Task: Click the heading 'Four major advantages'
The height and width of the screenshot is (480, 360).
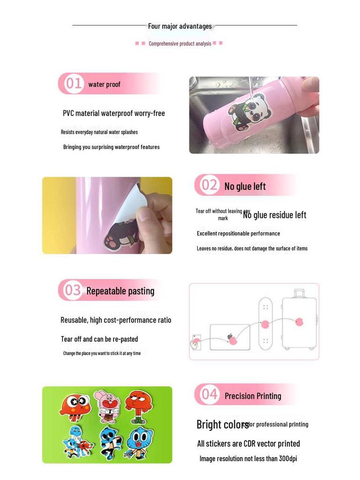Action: (180, 26)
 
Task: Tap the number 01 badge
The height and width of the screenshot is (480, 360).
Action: (73, 83)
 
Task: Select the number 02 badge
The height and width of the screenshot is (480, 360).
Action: (209, 185)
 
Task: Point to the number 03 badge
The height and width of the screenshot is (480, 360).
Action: (73, 290)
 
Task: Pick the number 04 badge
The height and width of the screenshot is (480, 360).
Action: (209, 395)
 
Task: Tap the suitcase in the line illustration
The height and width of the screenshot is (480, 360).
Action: (299, 321)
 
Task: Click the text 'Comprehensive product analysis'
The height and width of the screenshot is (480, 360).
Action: (180, 44)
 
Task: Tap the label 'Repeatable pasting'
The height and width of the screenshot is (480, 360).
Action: (120, 291)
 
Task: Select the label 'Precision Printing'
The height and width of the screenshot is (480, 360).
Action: (253, 396)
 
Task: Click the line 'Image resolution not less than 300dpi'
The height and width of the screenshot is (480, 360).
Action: (248, 458)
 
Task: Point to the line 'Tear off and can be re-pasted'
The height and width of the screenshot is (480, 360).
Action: (99, 339)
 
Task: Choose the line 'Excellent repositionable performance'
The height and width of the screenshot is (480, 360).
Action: (238, 233)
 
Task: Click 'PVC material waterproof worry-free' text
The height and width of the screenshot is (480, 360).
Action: (114, 113)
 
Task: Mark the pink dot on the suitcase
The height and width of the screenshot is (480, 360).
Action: (299, 322)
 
